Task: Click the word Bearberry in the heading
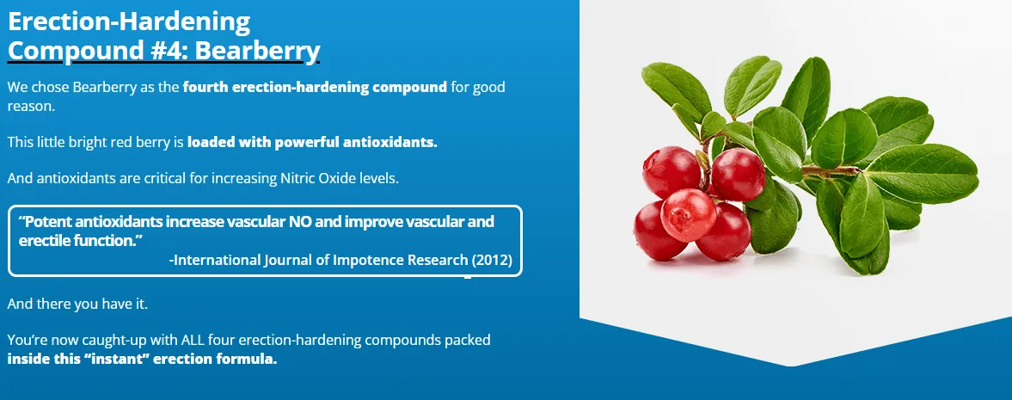coord(258,51)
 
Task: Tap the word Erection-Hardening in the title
coord(129,20)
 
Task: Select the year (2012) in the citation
coord(492,260)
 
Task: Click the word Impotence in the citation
coord(364,260)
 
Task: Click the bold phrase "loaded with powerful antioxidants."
coord(312,142)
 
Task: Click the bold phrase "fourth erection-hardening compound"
coord(315,87)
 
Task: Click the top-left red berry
coord(672,170)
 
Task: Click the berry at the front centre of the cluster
coord(688,213)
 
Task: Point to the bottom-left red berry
coord(659,233)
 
